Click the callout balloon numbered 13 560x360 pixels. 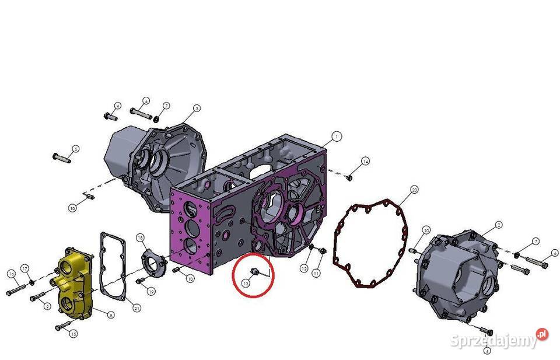pos(246,282)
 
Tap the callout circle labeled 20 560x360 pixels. pos(414,190)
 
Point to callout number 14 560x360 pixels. pos(365,161)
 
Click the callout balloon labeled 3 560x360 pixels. pos(197,108)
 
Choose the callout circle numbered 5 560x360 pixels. pos(75,149)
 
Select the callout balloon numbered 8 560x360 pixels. pos(111,315)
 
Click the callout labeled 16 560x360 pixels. pos(11,274)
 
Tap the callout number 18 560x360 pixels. pos(140,237)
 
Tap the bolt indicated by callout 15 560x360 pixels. pos(62,327)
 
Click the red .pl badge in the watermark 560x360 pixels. pos(542,334)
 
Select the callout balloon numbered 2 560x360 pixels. pos(499,225)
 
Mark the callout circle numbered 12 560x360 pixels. pos(304,268)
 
